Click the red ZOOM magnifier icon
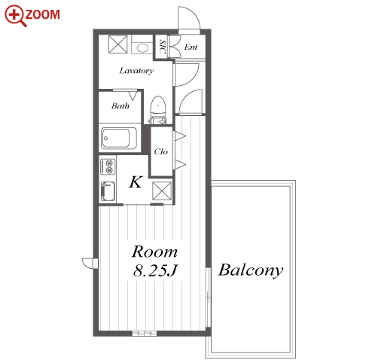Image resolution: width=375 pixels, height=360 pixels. tap(14, 16)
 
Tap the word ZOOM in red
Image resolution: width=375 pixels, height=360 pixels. tap(42, 14)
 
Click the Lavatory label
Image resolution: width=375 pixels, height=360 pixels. tap(136, 71)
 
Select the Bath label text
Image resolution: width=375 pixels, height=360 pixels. tap(120, 105)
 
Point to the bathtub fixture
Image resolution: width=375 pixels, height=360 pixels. tap(119, 138)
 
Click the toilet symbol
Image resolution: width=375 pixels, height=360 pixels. tap(158, 110)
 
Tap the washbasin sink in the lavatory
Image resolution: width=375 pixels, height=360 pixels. tap(142, 47)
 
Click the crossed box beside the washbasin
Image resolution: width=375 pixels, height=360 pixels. tap(118, 44)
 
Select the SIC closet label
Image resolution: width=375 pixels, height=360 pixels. tap(163, 47)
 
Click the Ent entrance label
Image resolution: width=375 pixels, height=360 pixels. tap(191, 47)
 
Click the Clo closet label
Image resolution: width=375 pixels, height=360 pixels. tap(160, 151)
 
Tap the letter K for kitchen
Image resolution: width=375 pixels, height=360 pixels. tap(136, 182)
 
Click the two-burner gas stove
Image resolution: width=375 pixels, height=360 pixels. tap(108, 166)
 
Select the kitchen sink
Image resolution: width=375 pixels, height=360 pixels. tap(108, 191)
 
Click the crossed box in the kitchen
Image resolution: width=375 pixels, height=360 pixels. tap(162, 191)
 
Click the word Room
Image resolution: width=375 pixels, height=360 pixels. tap(154, 252)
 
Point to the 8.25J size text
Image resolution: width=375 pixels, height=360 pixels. tap(155, 270)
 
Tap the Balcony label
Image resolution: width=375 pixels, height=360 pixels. tap(251, 270)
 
